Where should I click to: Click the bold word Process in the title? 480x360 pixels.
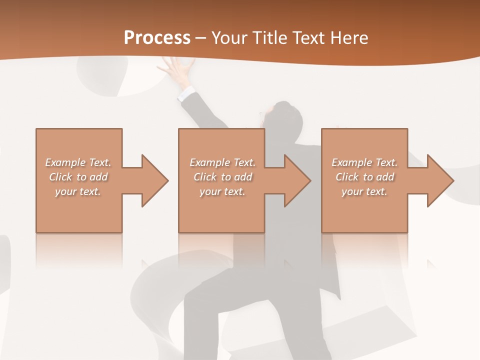[157, 38]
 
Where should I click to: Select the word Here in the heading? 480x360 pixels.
[349, 38]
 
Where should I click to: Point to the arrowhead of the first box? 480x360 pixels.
[154, 180]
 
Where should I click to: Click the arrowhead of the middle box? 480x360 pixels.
[297, 180]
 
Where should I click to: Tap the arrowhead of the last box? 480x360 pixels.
[440, 180]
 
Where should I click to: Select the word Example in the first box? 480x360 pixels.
[65, 162]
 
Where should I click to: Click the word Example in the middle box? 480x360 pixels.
[209, 162]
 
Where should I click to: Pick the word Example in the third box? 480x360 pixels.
[351, 162]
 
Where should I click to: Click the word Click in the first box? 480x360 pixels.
[60, 177]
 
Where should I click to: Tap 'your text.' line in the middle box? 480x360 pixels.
[222, 191]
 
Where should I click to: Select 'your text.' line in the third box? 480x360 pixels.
[364, 191]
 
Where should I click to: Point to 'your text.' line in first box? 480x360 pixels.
[77, 191]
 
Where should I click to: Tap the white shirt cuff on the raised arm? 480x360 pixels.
[186, 93]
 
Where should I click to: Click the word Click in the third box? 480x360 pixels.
[347, 177]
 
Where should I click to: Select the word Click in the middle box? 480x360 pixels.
[205, 177]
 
